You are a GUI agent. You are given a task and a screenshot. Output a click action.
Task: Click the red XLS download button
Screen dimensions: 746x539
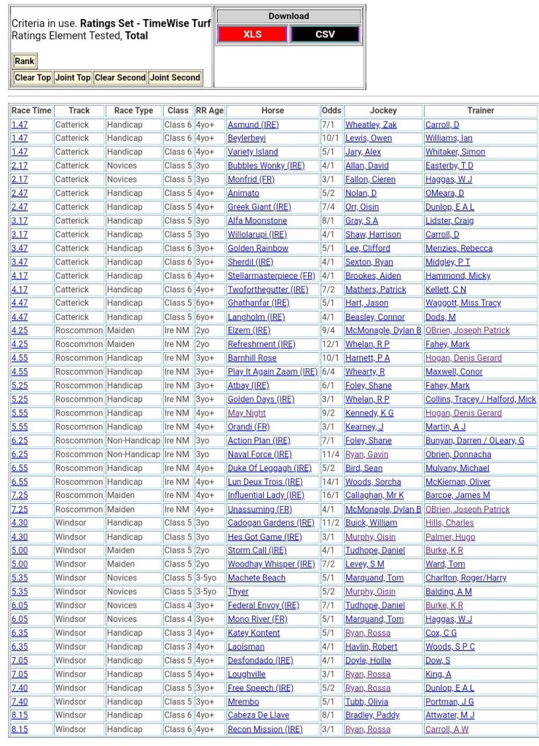point(252,34)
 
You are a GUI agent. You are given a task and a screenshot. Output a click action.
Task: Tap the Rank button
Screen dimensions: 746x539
point(24,61)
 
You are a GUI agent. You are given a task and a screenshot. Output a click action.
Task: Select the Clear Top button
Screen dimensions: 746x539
point(33,77)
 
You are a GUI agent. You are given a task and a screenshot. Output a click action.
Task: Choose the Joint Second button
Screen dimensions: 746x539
point(175,77)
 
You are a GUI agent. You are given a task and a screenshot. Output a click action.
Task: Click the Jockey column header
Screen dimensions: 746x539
point(383,111)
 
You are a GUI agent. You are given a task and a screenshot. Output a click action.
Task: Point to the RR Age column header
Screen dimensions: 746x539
point(210,111)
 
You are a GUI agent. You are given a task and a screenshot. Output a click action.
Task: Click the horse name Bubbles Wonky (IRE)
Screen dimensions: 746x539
point(266,166)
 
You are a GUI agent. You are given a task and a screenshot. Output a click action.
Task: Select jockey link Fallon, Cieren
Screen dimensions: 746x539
point(370,179)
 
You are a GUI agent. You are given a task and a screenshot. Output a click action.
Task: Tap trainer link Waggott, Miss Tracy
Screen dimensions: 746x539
point(463,303)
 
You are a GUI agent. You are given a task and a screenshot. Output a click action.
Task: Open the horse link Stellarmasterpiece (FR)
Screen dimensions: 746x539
point(271,276)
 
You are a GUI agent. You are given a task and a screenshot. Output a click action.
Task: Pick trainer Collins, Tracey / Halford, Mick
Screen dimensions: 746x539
point(480,400)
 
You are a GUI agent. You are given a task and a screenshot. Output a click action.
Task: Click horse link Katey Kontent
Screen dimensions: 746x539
point(253,633)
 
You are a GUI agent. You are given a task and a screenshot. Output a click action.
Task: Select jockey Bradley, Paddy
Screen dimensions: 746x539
point(372,715)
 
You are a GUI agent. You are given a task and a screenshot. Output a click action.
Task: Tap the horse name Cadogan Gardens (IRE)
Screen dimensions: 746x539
point(271,523)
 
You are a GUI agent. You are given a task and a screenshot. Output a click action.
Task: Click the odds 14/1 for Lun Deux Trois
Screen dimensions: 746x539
point(330,482)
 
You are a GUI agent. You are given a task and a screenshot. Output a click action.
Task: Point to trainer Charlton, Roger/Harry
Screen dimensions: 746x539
point(465,578)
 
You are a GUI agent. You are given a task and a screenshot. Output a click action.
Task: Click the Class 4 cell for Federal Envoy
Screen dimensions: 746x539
point(178,605)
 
